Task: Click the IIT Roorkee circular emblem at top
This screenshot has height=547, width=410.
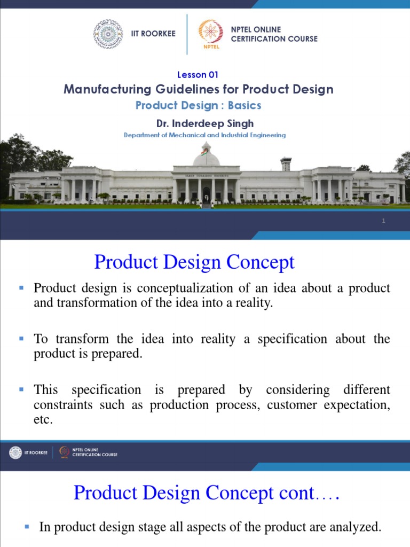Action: pyautogui.click(x=108, y=34)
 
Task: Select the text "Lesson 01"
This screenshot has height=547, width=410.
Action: pyautogui.click(x=197, y=75)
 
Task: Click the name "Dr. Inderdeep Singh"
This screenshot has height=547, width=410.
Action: pyautogui.click(x=205, y=123)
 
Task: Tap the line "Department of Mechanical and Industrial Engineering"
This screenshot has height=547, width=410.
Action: pyautogui.click(x=204, y=135)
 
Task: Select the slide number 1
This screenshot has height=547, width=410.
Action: pyautogui.click(x=383, y=221)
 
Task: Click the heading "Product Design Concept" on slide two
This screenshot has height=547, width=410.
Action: pyautogui.click(x=194, y=262)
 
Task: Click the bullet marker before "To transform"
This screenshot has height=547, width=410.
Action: pyautogui.click(x=22, y=339)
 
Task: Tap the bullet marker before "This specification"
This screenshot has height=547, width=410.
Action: pyautogui.click(x=22, y=389)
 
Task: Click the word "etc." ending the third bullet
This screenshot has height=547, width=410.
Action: pyautogui.click(x=43, y=420)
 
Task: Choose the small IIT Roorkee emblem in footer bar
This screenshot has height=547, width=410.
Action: pyautogui.click(x=15, y=452)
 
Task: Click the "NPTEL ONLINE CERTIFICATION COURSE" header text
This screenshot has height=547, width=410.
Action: pyautogui.click(x=274, y=34)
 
